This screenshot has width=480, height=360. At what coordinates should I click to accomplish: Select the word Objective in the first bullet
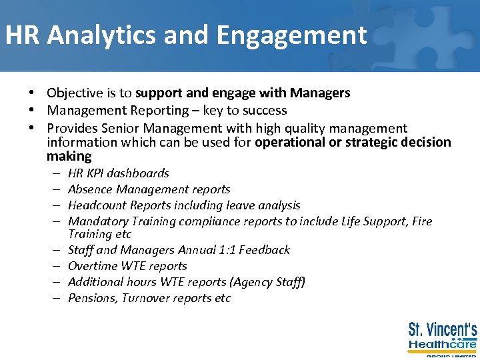click(74, 93)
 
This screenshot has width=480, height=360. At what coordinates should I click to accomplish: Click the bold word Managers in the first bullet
click(321, 93)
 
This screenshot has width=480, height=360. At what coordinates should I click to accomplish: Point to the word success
click(263, 111)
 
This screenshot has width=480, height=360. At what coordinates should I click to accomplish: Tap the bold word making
click(69, 157)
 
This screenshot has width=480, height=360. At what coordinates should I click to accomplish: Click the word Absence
click(90, 189)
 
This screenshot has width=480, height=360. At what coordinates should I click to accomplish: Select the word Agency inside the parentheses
click(255, 282)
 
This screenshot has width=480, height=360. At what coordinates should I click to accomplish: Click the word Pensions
click(93, 298)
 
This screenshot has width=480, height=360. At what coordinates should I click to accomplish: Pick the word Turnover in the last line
click(147, 298)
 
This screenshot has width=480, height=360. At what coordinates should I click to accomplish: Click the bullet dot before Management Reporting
click(31, 111)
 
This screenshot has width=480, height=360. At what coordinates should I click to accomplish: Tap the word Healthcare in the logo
click(442, 345)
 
